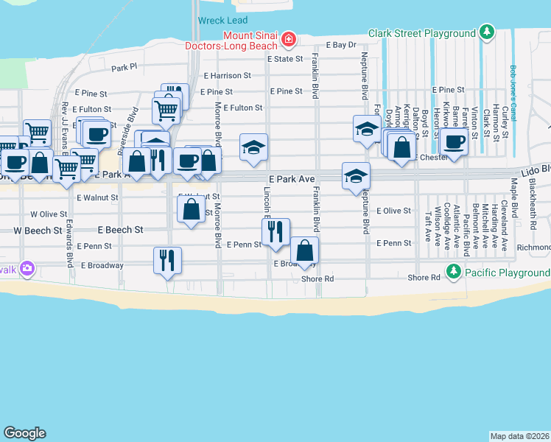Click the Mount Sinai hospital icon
(x=289, y=38)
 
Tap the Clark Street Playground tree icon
(x=485, y=32)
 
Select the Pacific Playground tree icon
(x=454, y=273)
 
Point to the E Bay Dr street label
(x=341, y=45)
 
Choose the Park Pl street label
(x=124, y=67)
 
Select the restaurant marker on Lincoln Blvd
(x=275, y=232)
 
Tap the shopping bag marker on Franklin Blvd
(x=304, y=250)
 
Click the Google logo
(x=24, y=433)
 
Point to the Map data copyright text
(x=520, y=435)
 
